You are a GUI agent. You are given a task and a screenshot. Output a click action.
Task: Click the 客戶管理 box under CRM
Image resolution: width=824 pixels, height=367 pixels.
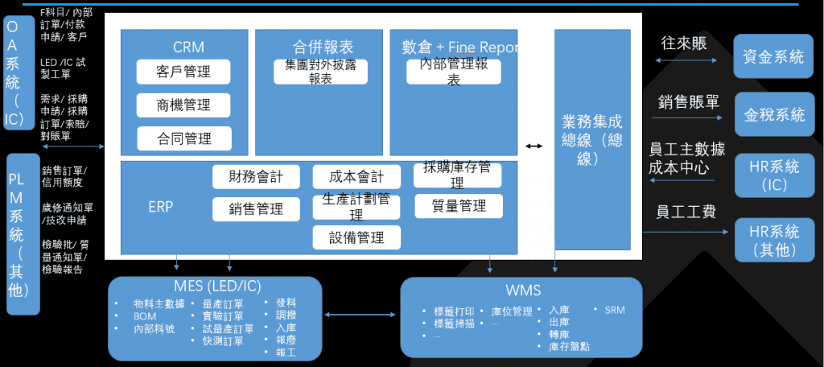pyautogui.click(x=184, y=72)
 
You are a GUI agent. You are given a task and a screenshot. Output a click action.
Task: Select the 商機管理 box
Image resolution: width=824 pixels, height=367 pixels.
pyautogui.click(x=184, y=105)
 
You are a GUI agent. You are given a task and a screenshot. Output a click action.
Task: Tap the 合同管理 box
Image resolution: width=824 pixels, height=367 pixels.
pyautogui.click(x=184, y=138)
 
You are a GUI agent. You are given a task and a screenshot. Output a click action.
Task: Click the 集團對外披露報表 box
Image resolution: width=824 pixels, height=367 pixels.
pyautogui.click(x=320, y=71)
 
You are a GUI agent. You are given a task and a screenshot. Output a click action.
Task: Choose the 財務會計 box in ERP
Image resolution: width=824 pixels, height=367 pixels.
pyautogui.click(x=256, y=175)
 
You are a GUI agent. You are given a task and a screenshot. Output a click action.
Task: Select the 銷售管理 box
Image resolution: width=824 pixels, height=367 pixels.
pyautogui.click(x=256, y=208)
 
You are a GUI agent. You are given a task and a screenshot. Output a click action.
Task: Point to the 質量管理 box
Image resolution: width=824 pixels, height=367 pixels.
pyautogui.click(x=458, y=206)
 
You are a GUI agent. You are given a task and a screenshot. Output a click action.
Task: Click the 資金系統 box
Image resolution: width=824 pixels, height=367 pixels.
pyautogui.click(x=773, y=56)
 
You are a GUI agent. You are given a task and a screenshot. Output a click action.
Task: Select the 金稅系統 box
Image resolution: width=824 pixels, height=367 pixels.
pyautogui.click(x=773, y=115)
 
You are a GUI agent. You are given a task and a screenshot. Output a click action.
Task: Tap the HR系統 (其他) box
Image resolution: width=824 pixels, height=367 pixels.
pyautogui.click(x=773, y=241)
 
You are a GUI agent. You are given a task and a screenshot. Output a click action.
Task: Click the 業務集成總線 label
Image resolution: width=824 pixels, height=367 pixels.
pyautogui.click(x=591, y=140)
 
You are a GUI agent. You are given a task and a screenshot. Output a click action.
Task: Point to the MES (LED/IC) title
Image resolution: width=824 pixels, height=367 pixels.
pyautogui.click(x=215, y=287)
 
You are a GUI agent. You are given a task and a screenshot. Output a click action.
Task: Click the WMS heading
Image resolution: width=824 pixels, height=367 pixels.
pyautogui.click(x=523, y=290)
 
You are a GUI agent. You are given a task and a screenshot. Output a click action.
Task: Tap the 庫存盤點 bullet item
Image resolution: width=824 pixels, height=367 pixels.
pyautogui.click(x=569, y=346)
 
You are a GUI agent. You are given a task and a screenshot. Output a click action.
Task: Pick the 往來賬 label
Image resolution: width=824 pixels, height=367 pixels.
pyautogui.click(x=683, y=43)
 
